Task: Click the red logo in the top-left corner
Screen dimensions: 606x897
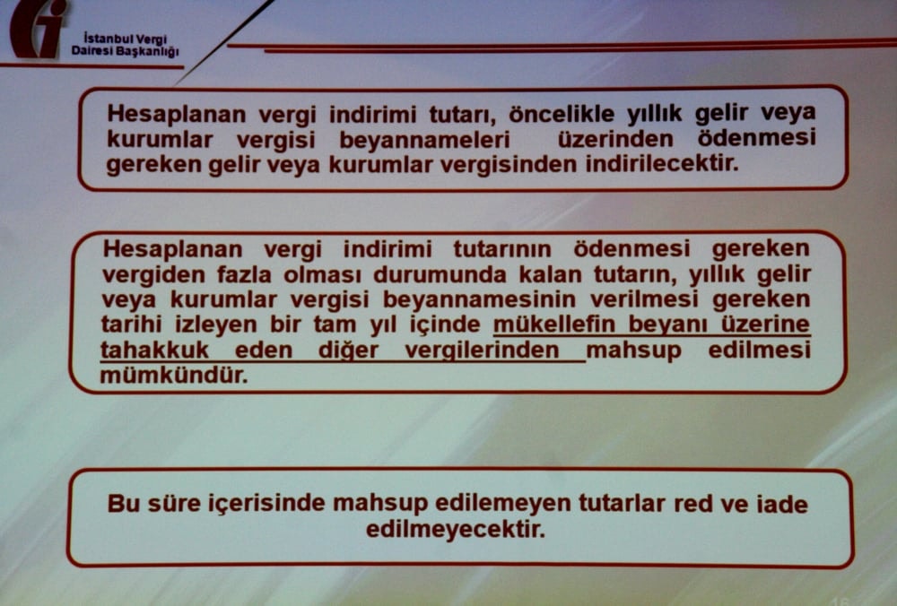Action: click(38, 29)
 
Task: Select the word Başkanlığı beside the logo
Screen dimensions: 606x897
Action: click(148, 51)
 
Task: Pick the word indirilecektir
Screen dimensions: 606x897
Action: click(669, 166)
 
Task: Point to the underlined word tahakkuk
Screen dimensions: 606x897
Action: click(153, 351)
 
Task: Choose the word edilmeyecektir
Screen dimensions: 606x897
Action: click(455, 528)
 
